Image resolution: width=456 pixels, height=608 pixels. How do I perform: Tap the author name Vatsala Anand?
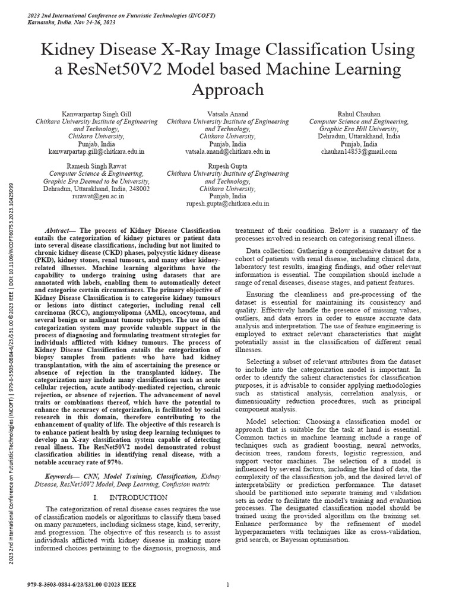227,113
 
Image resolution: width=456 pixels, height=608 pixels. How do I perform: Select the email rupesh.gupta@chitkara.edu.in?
227,203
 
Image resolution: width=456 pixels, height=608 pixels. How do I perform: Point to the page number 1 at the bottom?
228,585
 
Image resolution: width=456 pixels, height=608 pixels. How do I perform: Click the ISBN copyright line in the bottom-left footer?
82,585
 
